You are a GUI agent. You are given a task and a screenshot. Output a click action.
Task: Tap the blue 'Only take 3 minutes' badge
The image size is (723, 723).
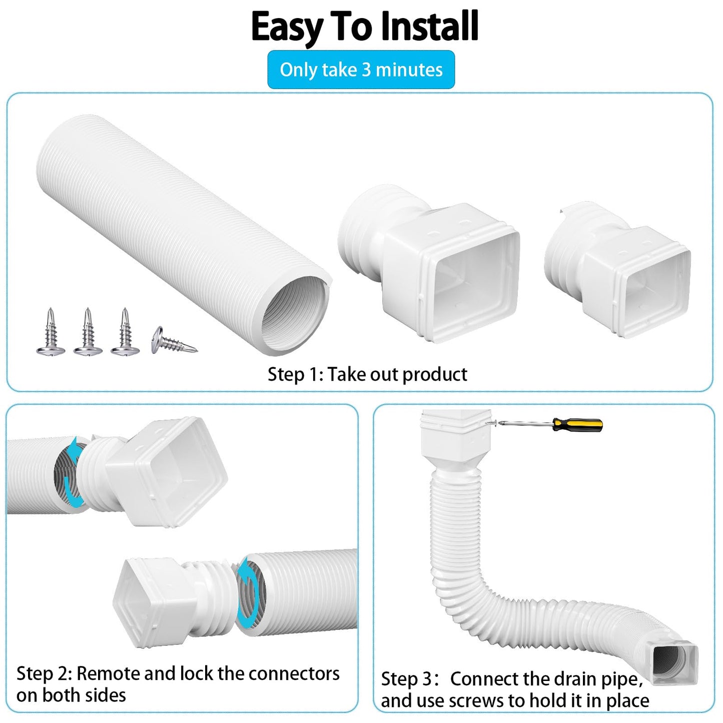pos(361,70)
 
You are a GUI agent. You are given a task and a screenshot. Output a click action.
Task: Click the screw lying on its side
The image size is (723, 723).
pos(173,340)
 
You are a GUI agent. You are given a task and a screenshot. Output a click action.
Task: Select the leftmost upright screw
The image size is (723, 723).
pos(51,333)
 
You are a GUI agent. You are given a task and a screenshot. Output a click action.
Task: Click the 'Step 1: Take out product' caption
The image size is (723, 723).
pos(367,374)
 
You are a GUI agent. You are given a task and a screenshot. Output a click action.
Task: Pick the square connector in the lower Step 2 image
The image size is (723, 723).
pos(150,600)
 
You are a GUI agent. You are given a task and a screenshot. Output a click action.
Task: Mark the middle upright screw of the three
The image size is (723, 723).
pos(88,333)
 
